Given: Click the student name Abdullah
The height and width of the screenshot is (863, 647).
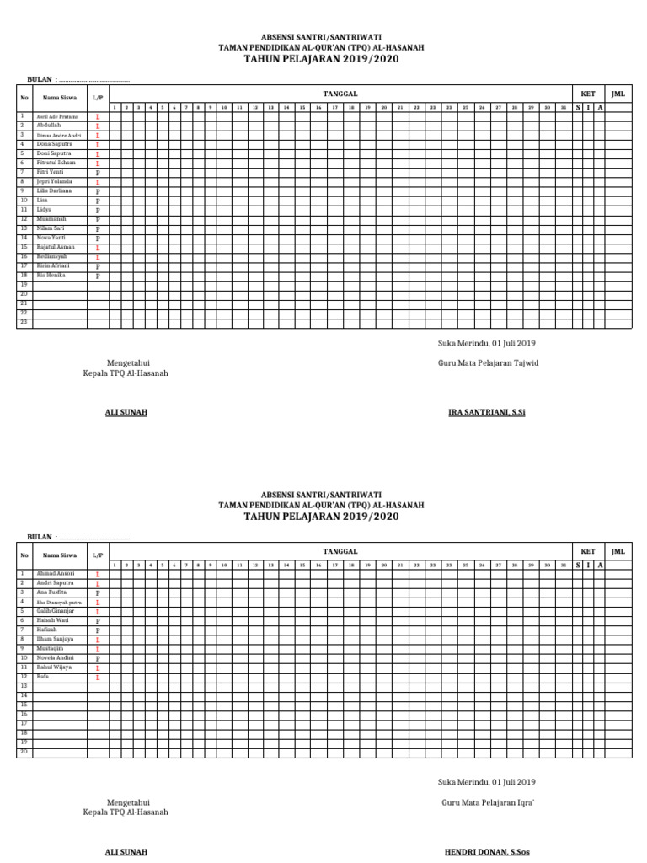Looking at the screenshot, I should click(x=48, y=125).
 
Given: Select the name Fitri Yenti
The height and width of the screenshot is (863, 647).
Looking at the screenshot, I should click(x=50, y=172).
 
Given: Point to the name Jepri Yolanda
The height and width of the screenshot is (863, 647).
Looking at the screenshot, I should click(x=54, y=181).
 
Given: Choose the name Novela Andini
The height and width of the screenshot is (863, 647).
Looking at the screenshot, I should click(x=55, y=658).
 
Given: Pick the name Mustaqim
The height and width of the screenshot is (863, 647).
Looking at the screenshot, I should click(x=50, y=649).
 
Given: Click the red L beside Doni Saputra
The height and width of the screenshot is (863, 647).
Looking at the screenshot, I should click(x=98, y=153).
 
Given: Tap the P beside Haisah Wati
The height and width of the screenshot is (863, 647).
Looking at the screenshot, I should click(x=98, y=621).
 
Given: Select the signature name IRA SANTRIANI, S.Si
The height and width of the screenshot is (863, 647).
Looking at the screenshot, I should click(x=487, y=412).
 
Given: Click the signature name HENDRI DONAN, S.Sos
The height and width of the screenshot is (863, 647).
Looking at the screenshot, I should click(x=487, y=852).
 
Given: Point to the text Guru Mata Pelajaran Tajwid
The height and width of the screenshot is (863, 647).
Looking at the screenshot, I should click(x=488, y=363).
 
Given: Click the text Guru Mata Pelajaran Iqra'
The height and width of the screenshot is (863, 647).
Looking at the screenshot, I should click(x=488, y=803).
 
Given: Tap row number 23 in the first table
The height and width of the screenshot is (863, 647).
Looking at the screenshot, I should click(x=24, y=322).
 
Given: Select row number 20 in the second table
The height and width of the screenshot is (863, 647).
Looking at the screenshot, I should click(x=24, y=752).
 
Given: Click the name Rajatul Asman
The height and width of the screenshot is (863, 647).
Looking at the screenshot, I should click(x=56, y=247).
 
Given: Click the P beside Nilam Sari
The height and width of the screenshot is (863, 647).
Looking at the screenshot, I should click(x=98, y=228).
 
